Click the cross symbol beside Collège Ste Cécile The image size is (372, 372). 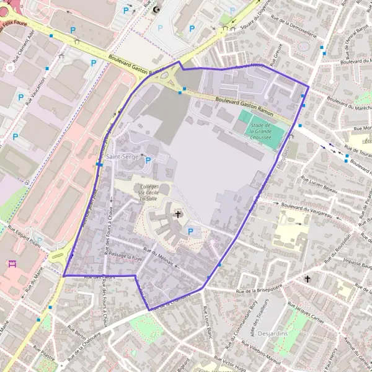click(x=179, y=215)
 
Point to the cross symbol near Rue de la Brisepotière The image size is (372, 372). click(x=308, y=279)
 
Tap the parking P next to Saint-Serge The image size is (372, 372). click(x=148, y=160)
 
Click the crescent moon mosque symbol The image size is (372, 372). click(x=156, y=9)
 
